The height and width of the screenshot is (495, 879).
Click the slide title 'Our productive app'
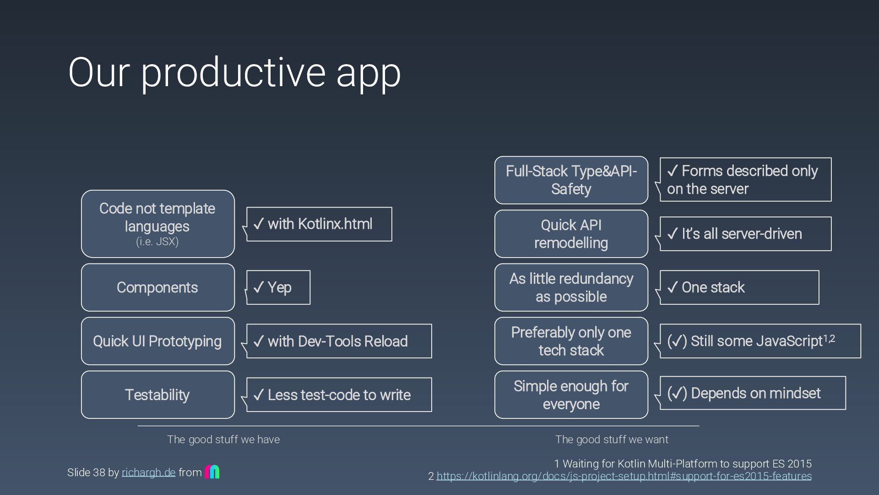click(234, 72)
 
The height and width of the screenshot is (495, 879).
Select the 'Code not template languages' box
click(157, 224)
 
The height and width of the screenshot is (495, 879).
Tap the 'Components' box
click(157, 287)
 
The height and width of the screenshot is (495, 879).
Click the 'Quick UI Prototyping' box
click(157, 341)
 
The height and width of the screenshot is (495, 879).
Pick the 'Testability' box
click(157, 395)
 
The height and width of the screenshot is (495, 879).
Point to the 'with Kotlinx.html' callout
click(319, 224)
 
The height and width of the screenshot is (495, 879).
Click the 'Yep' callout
click(278, 287)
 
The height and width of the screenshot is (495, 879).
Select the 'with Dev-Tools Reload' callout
click(339, 341)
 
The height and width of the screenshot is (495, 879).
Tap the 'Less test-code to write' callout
click(339, 395)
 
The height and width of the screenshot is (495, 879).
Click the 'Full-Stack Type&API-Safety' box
click(571, 180)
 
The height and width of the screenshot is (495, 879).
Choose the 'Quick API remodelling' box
click(571, 234)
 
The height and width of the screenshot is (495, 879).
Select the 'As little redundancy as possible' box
click(571, 287)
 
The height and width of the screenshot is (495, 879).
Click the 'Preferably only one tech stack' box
click(571, 341)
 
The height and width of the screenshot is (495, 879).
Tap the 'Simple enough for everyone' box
click(571, 395)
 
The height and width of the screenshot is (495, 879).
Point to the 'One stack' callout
click(739, 287)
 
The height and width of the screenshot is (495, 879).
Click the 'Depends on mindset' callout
click(753, 393)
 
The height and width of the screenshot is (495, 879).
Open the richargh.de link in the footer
click(148, 473)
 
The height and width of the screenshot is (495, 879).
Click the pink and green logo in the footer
click(212, 472)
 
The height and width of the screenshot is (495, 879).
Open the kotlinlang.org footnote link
click(624, 476)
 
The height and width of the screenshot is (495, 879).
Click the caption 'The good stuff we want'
click(612, 440)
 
